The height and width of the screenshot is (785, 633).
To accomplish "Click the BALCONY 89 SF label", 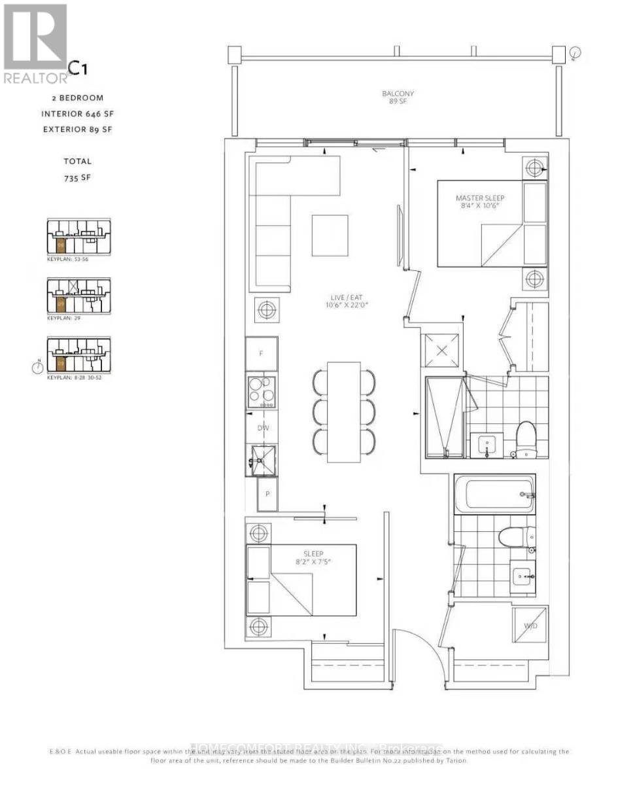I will (x=398, y=97).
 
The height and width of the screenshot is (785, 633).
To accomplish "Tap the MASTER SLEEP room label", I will (x=480, y=198).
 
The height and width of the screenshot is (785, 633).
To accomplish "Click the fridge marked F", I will (x=262, y=353).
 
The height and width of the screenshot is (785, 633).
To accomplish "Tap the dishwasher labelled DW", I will (x=264, y=428).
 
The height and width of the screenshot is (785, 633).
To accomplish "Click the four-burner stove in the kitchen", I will (x=262, y=391).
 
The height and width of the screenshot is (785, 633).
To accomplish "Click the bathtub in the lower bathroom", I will (x=495, y=494).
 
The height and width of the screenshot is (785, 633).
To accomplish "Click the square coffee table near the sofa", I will (x=330, y=235).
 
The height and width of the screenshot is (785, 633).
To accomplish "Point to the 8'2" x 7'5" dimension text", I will (x=305, y=561).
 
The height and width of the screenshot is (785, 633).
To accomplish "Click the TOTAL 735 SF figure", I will (x=77, y=177).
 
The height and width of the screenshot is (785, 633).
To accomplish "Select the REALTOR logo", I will (x=35, y=43).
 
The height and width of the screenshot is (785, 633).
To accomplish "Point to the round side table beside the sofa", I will (x=267, y=309).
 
